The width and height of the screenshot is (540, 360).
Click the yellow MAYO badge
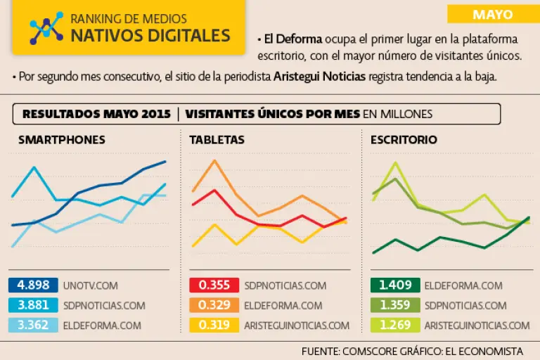tap(492, 14)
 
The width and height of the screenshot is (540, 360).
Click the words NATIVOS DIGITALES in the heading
tap(150, 35)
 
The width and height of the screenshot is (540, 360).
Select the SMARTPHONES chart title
tap(62, 140)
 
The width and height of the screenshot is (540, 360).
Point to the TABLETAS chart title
tap(217, 140)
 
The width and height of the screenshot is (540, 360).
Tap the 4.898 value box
tap(33, 285)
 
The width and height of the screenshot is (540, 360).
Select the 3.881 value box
tap(33, 305)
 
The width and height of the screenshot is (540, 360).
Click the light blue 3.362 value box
tap(33, 325)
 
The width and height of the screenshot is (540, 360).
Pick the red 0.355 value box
tap(214, 285)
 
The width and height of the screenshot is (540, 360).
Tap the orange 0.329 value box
tap(214, 305)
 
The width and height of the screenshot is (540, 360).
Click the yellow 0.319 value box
tap(214, 325)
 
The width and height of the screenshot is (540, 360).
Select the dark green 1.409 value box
tap(394, 285)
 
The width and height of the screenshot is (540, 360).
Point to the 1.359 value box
tap(394, 305)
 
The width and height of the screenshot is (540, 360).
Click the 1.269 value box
tap(394, 325)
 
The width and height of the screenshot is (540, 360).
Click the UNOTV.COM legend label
tap(90, 285)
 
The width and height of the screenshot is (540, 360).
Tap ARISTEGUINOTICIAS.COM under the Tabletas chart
tap(297, 325)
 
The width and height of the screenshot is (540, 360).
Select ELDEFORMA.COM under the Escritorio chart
tap(463, 285)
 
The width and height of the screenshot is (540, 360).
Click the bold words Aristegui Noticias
tap(320, 77)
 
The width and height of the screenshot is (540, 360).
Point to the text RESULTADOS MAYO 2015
tap(96, 114)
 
